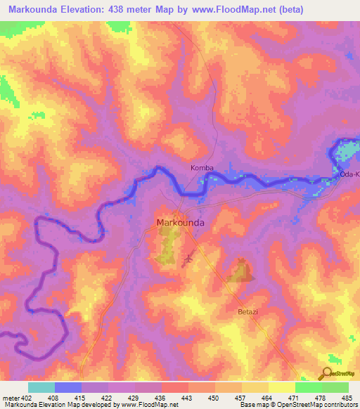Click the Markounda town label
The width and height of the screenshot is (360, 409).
click(x=180, y=223)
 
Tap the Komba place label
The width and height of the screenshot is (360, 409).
click(x=202, y=169)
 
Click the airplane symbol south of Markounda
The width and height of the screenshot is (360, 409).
click(x=188, y=260)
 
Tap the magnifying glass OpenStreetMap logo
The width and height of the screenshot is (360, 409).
click(x=326, y=373)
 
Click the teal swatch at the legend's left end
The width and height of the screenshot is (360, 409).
click(x=41, y=387)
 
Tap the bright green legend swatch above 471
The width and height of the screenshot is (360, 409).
click(x=309, y=387)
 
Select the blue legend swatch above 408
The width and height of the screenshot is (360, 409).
click(x=68, y=387)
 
